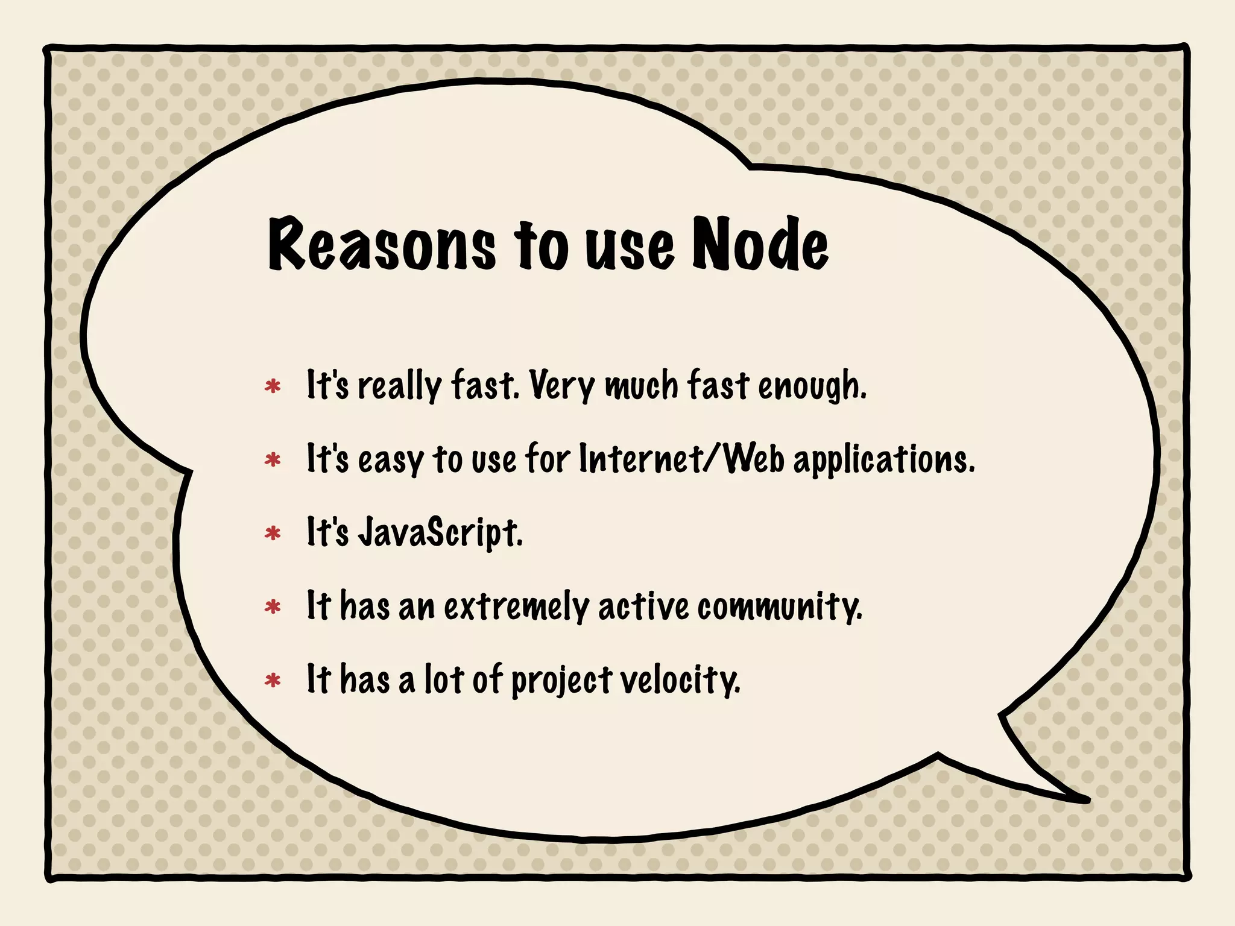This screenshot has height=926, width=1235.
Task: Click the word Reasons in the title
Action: click(x=382, y=245)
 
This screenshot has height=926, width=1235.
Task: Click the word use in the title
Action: click(x=629, y=247)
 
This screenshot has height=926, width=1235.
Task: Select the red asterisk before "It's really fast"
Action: click(x=273, y=386)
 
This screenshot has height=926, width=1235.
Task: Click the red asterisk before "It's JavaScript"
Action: click(x=273, y=534)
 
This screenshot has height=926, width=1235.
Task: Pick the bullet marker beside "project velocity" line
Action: click(x=273, y=681)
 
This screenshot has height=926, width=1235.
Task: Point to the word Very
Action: click(x=562, y=386)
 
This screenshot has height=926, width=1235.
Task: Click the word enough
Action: click(x=812, y=386)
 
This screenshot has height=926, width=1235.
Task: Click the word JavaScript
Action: click(x=440, y=533)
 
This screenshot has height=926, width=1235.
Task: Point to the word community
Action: click(x=780, y=606)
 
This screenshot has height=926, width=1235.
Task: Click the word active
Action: click(x=643, y=606)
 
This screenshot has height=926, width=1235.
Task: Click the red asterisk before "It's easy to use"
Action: click(x=273, y=460)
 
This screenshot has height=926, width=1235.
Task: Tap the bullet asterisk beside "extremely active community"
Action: click(x=273, y=607)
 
